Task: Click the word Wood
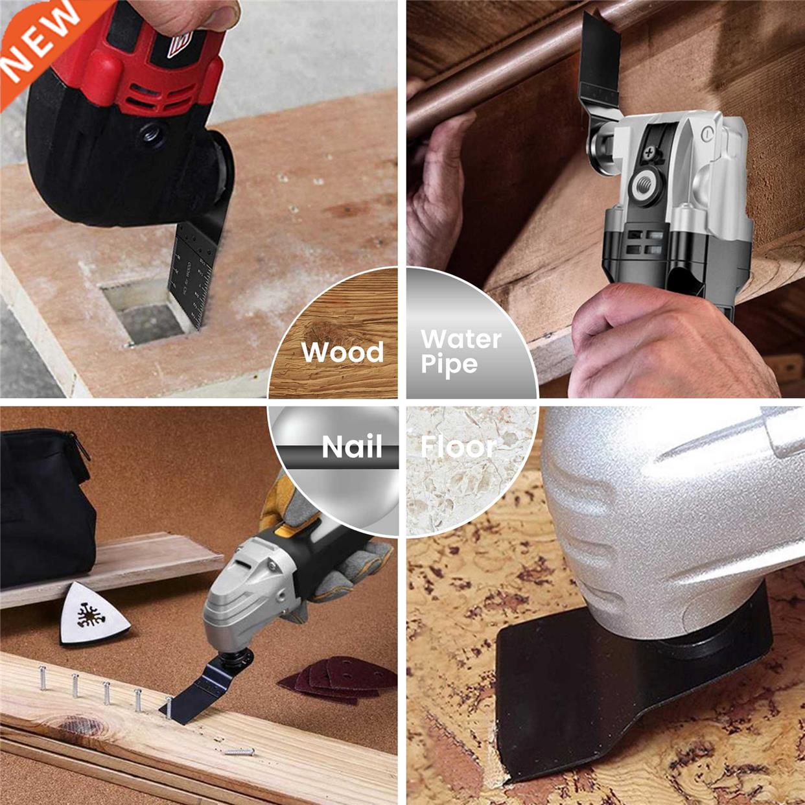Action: (x=342, y=352)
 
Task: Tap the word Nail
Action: (x=352, y=447)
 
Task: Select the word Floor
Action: (x=458, y=447)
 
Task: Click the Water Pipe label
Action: (x=461, y=351)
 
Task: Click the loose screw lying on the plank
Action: (x=239, y=752)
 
